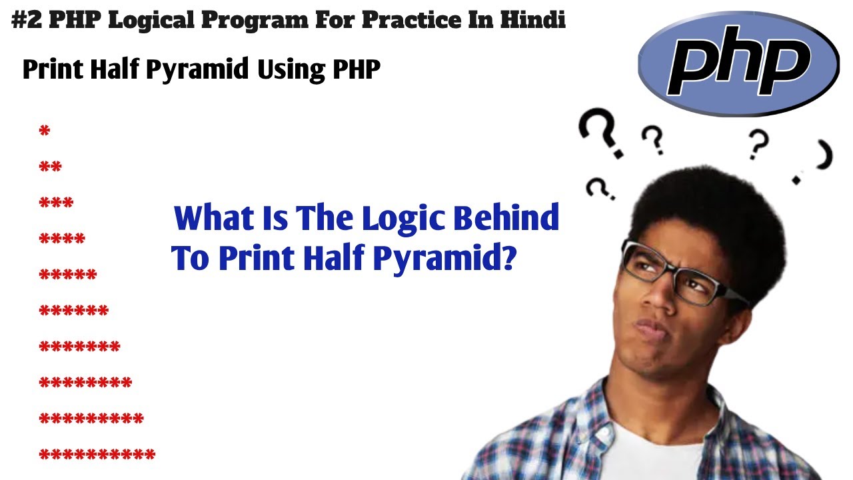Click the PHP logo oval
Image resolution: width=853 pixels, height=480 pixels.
(x=738, y=63)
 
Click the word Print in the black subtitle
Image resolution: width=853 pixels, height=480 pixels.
(x=51, y=69)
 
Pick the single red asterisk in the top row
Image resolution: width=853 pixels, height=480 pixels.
(x=45, y=131)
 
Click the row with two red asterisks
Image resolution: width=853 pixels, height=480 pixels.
(x=51, y=167)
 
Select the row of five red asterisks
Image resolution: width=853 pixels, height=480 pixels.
(x=68, y=275)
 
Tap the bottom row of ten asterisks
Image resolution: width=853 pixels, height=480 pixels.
(x=97, y=455)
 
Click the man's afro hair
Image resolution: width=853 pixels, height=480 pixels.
(x=713, y=213)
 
